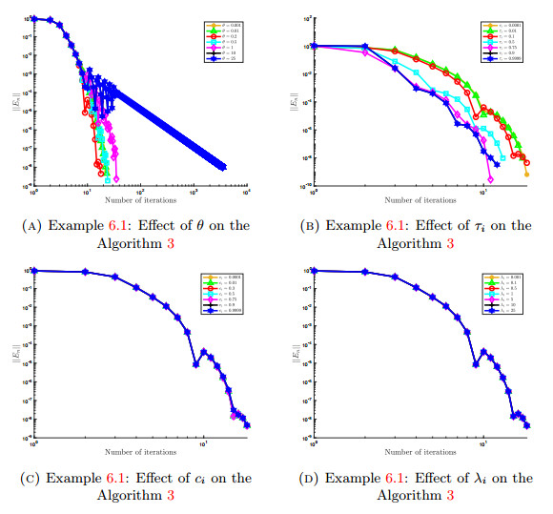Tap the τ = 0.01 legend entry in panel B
(505, 26)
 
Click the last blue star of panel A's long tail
(224, 168)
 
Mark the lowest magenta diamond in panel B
(490, 178)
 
